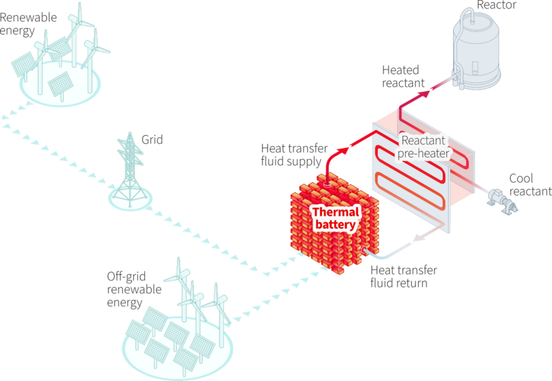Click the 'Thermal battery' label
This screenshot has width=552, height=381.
pos(335,218)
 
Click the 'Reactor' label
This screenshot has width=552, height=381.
pos(496,5)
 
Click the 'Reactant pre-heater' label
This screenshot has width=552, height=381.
pos(423,147)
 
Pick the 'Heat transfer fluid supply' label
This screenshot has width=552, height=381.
pos(291,154)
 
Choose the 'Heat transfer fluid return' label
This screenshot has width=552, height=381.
pos(404,276)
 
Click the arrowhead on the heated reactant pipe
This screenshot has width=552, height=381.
pos(426,93)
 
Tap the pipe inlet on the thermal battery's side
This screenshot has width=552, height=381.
pos(365,250)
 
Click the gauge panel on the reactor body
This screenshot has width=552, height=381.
pos(475,68)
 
